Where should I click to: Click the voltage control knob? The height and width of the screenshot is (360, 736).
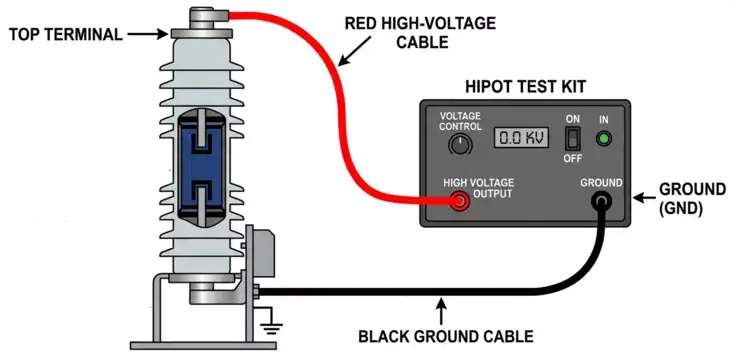tap(459, 145)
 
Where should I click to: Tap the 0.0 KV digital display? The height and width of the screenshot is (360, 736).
tap(521, 138)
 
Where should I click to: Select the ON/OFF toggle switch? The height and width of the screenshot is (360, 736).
tap(573, 139)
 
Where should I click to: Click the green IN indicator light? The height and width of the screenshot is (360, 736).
tap(604, 138)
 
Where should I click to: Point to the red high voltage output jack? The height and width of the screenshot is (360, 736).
tap(460, 203)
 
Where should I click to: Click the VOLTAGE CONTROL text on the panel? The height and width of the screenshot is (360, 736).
tap(461, 121)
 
